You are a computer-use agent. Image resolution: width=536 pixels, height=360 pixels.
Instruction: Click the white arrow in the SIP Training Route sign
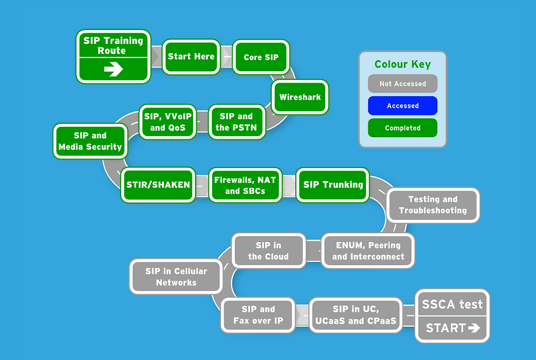tap(113, 70)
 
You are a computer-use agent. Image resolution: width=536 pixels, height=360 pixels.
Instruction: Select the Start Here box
tap(191, 56)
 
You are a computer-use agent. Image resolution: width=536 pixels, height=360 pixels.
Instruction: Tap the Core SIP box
tap(261, 57)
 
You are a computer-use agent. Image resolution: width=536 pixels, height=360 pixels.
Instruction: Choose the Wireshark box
tap(300, 97)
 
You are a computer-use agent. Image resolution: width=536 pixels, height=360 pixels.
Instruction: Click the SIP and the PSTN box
tap(236, 122)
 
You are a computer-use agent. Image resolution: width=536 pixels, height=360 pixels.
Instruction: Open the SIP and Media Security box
tap(90, 141)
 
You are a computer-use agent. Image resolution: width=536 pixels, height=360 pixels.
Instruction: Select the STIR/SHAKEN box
tap(158, 185)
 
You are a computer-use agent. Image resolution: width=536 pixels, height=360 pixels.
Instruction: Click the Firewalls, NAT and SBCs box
tap(245, 185)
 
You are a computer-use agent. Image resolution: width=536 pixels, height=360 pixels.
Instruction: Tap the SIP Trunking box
tap(333, 185)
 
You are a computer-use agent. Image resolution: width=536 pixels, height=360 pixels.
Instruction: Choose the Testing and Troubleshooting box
tap(433, 205)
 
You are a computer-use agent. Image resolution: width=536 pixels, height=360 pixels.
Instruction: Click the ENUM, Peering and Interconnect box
tap(368, 251)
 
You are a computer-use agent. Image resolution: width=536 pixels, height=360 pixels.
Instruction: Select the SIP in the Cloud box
tap(268, 251)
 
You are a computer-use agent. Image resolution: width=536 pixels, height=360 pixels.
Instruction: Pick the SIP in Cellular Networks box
tap(176, 276)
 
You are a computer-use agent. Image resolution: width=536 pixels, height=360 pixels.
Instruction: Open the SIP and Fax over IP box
tap(258, 315)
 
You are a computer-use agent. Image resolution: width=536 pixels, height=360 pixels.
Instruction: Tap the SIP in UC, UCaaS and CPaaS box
tap(356, 315)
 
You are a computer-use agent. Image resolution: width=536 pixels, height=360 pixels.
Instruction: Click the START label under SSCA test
tap(452, 328)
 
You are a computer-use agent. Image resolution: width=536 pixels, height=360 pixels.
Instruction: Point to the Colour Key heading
tap(403, 64)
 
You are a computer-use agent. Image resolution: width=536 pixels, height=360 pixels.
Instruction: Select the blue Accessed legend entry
tap(403, 106)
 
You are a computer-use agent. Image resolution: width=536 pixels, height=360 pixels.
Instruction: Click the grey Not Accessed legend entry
tap(403, 84)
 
